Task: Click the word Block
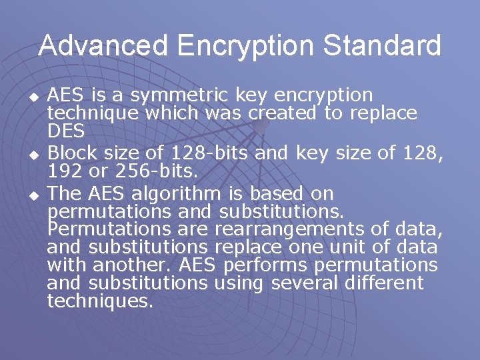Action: coord(71,155)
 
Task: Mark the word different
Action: coord(384,283)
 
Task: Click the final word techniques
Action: coord(99,301)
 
